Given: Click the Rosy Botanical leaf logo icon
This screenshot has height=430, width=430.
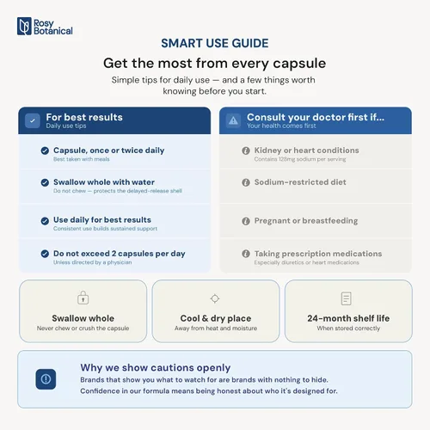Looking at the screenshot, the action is coord(24,26).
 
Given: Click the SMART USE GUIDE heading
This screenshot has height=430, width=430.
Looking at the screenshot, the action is coord(215,43).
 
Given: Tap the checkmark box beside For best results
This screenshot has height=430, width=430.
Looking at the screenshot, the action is coord(33,120).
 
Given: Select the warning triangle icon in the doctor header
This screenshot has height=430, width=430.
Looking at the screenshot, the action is coord(233,120).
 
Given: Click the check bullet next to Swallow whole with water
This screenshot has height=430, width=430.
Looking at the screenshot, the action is coord(45,182).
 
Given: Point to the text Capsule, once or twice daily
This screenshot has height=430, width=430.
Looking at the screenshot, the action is coord(109,150).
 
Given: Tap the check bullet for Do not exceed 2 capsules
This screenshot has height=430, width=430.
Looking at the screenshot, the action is coord(45,254).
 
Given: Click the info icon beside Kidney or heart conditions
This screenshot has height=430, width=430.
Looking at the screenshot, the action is coord(246,150).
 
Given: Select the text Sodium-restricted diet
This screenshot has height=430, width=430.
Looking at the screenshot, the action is coord(300,182).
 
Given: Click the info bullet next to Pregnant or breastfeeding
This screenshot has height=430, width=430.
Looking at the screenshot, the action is coord(246,221).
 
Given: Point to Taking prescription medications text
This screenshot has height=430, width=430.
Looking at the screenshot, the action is coord(318,254).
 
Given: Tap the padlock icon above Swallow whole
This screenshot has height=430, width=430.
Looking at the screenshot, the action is coord(83,298).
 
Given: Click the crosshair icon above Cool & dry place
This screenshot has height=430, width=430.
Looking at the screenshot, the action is coord(215,298).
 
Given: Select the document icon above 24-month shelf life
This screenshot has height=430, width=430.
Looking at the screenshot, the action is coord(347,298).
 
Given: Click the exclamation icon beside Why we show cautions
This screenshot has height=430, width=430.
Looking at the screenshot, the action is coord(46,379).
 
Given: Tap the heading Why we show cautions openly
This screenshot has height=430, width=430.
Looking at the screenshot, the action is coord(156,367).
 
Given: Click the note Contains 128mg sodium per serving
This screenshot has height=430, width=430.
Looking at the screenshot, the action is coord(300,159).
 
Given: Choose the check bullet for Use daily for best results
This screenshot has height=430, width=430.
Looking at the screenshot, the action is coord(45,221).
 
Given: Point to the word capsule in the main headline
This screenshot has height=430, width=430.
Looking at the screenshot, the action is coord(299,64).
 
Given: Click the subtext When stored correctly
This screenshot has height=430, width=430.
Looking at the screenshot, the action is coord(348,329).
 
